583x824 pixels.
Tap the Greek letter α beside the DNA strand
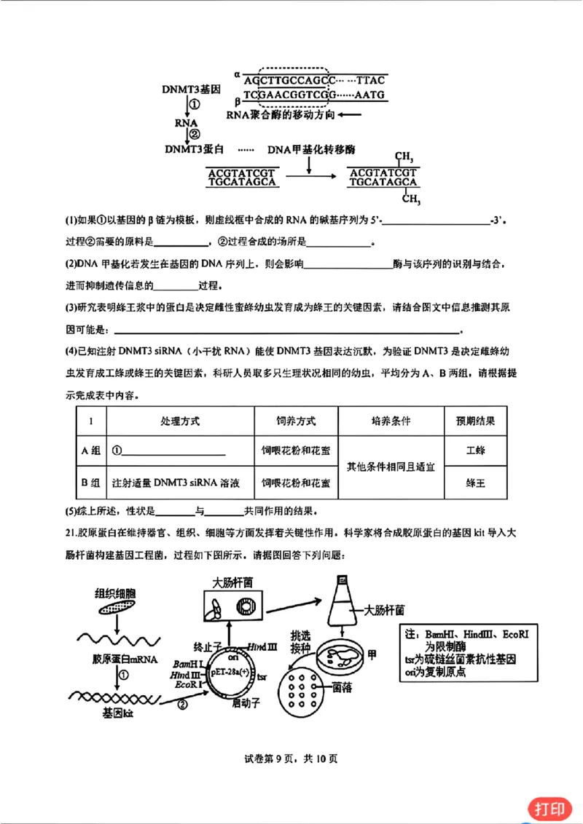click(x=237, y=74)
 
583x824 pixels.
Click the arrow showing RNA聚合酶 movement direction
click(x=350, y=115)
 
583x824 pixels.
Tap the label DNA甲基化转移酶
click(x=311, y=149)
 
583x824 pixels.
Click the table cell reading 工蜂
click(x=475, y=450)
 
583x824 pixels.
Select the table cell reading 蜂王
click(x=475, y=482)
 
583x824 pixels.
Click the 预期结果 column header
click(x=475, y=421)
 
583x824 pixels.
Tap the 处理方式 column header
click(x=180, y=421)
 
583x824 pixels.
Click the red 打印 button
click(x=549, y=808)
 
